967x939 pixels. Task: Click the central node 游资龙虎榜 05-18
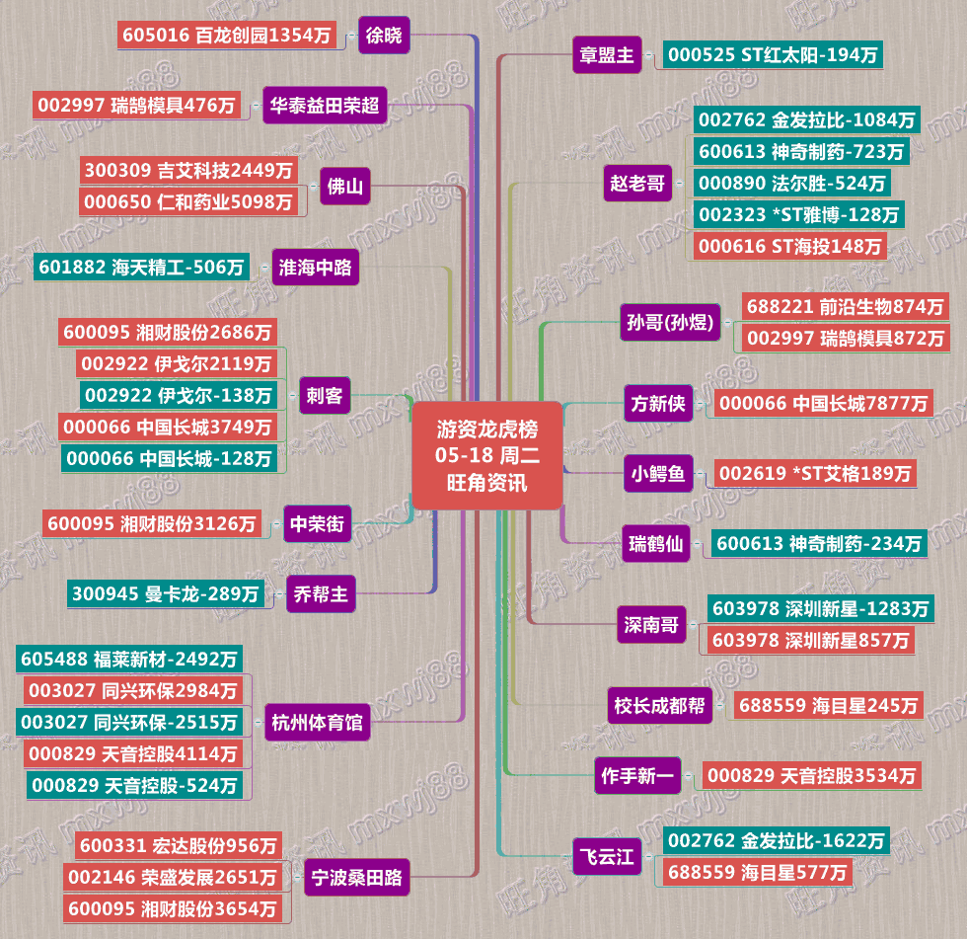pos(486,455)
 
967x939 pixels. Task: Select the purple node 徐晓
pos(383,36)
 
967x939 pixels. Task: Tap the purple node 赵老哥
pos(637,183)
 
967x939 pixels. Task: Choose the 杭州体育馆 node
pos(317,722)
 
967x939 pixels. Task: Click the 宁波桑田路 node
pos(356,876)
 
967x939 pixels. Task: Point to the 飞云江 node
pos(606,856)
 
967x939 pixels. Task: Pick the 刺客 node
pos(325,396)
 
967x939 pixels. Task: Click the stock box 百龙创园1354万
pos(227,36)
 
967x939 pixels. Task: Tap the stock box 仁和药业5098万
pos(188,201)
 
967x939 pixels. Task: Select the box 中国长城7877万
pos(823,403)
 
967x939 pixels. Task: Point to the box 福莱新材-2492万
pos(129,659)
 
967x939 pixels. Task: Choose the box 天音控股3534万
pos(811,776)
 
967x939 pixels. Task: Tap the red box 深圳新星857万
pos(808,640)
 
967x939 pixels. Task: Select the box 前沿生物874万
pos(844,306)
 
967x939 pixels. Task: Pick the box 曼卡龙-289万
pos(166,593)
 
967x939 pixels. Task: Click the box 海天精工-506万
pos(140,267)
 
